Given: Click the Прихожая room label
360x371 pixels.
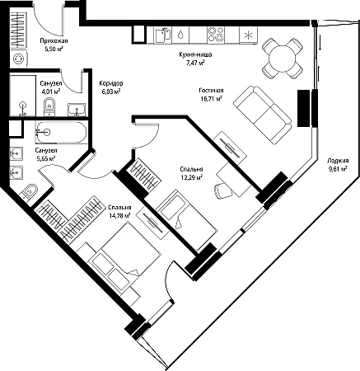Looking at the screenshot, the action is click(x=54, y=41).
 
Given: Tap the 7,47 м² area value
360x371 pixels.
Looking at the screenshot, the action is click(x=195, y=63).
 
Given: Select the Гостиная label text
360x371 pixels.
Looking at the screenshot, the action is click(x=211, y=91).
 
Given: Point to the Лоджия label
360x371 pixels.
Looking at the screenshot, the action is click(x=338, y=161).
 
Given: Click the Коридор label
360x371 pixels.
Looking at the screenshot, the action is click(x=111, y=83).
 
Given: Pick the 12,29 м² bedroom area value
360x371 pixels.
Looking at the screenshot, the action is click(x=191, y=177).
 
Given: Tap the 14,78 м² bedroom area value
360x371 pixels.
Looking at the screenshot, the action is click(x=119, y=216).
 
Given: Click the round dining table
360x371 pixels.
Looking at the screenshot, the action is click(x=282, y=58).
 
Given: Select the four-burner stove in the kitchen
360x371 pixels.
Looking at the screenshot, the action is click(x=216, y=35).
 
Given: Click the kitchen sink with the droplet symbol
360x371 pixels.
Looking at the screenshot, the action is click(x=180, y=35).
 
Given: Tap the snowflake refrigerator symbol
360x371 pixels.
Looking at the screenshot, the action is click(x=248, y=35).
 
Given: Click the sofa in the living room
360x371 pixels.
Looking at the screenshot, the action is click(x=262, y=115).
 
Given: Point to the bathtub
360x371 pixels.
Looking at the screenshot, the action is click(x=61, y=133).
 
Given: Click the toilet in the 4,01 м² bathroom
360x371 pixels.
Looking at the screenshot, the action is click(x=49, y=107).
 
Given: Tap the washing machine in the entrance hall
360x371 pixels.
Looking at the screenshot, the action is click(x=19, y=59).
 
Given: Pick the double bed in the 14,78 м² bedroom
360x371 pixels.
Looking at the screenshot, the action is click(x=124, y=258).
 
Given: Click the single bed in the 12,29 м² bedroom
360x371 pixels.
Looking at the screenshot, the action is click(x=187, y=218).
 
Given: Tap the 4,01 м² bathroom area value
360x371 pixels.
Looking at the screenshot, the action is click(x=51, y=92).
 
